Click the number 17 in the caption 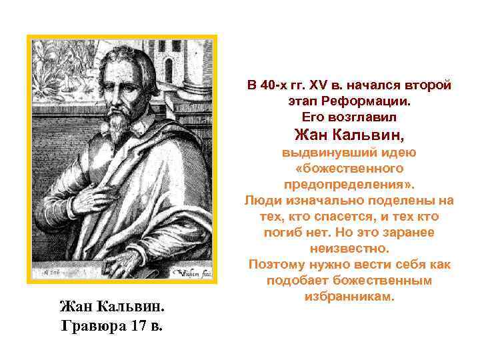pyautogui.click(x=136, y=327)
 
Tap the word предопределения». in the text pyautogui.click(x=349, y=183)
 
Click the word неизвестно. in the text pyautogui.click(x=349, y=248)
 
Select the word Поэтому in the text pyautogui.click(x=275, y=264)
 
